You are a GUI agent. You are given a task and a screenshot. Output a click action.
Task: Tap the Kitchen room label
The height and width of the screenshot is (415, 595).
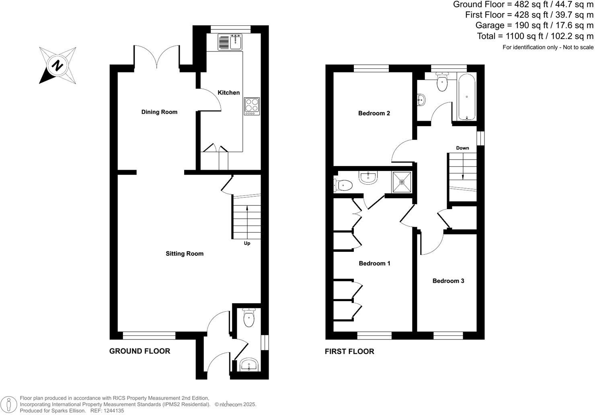228,92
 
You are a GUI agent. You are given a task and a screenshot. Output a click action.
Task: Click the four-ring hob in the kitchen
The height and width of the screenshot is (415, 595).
252,106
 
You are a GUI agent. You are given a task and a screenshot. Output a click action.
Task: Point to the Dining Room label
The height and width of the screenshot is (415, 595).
159,112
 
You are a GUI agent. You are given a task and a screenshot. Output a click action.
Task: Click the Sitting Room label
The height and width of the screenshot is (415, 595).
185,253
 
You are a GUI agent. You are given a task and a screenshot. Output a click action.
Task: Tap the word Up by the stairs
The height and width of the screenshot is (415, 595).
247,243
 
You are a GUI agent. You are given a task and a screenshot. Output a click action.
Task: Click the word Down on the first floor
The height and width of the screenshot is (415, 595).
462,148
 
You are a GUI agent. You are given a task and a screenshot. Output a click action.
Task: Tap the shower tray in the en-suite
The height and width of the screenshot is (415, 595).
402,182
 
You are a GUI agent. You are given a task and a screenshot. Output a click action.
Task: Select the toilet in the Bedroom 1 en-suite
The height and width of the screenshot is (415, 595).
343,185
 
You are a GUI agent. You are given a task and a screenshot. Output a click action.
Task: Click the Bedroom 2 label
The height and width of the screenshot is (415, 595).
374,113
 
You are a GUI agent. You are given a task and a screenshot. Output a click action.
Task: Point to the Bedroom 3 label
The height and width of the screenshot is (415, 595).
448,281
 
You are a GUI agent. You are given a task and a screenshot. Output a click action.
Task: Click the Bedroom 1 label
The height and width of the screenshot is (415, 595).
374,263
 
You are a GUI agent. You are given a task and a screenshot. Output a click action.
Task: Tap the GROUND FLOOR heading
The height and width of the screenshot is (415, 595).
140,351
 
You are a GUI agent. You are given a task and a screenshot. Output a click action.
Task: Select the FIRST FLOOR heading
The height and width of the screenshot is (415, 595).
349,351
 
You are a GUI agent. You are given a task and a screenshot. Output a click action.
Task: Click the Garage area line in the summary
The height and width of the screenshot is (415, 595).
534,25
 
